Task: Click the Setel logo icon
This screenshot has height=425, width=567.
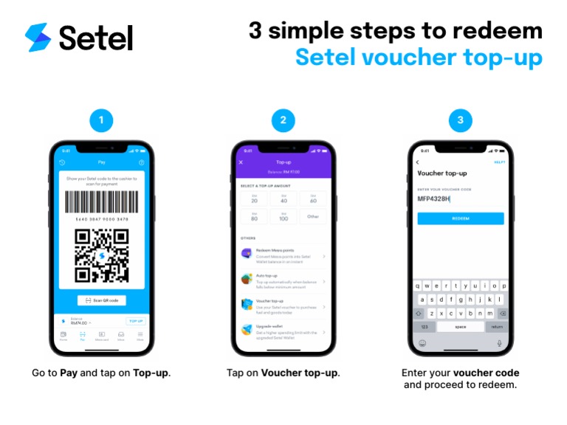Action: click(x=38, y=37)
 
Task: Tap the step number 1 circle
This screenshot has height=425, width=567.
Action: click(x=101, y=120)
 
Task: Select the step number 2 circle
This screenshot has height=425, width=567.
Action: click(x=283, y=120)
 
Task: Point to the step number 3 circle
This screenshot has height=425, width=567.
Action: click(x=461, y=120)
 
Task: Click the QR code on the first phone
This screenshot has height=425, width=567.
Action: click(x=101, y=255)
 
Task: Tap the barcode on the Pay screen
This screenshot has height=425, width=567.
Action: click(x=101, y=203)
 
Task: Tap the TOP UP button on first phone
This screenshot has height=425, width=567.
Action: click(x=135, y=322)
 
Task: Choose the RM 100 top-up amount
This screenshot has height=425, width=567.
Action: click(x=283, y=217)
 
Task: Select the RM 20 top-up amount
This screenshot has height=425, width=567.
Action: click(x=254, y=198)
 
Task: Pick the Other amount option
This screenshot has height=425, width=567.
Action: click(x=313, y=217)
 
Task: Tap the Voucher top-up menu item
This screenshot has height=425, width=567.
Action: click(x=283, y=304)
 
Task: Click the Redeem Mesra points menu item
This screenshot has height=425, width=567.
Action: click(x=283, y=255)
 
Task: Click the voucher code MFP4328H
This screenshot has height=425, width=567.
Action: click(x=433, y=198)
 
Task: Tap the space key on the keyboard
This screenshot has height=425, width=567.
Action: click(x=461, y=326)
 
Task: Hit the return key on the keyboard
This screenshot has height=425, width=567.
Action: click(x=498, y=326)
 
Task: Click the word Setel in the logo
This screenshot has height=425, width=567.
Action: click(x=95, y=38)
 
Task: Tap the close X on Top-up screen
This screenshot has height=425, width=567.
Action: click(x=241, y=162)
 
